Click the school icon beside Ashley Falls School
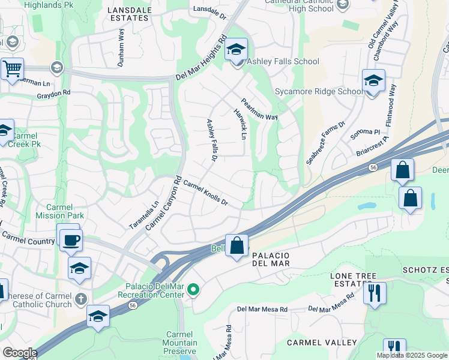pyautogui.click(x=237, y=50)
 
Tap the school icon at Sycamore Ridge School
pyautogui.click(x=373, y=81)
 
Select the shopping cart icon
pyautogui.click(x=12, y=69)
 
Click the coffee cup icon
pyautogui.click(x=71, y=241)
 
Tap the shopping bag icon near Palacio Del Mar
pyautogui.click(x=237, y=245)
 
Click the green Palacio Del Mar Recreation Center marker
pyautogui.click(x=193, y=290)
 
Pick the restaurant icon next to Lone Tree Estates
pyautogui.click(x=375, y=293)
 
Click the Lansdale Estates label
pyautogui.click(x=128, y=14)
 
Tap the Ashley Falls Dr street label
pyautogui.click(x=211, y=140)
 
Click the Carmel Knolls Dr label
pyautogui.click(x=205, y=193)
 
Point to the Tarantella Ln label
pyautogui.click(x=144, y=215)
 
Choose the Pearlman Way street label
pyautogui.click(x=259, y=110)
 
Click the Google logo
pyautogui.click(x=19, y=353)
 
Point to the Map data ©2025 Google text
pyautogui.click(x=412, y=355)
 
